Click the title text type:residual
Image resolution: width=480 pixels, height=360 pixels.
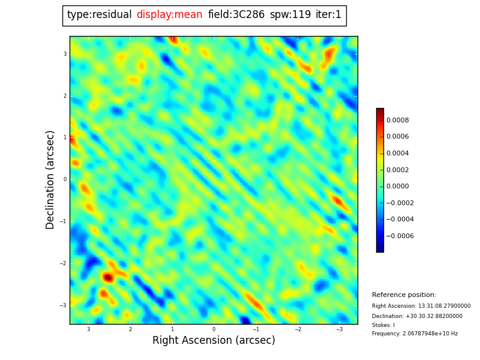(99, 15)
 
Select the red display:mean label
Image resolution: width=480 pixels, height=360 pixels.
(169, 15)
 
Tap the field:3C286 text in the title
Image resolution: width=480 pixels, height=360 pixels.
(236, 15)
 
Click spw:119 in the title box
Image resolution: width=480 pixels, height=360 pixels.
(290, 15)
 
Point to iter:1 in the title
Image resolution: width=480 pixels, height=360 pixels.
(328, 15)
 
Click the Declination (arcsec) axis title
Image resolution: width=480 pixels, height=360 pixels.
(50, 179)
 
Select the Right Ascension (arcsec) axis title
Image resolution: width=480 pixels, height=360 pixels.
(214, 341)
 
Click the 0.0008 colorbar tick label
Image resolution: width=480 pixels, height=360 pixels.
(397, 120)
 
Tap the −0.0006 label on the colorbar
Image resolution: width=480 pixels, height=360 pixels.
(399, 236)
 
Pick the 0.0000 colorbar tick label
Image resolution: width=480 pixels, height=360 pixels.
(397, 187)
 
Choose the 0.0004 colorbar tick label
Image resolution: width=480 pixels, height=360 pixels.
(397, 153)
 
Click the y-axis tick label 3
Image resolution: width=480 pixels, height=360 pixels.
(65, 54)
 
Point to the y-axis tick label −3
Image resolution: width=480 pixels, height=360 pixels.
(64, 305)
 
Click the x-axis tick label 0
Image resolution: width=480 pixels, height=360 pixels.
(214, 329)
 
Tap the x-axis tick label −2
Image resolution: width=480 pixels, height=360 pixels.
(297, 329)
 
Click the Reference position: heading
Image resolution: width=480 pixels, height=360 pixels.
(404, 295)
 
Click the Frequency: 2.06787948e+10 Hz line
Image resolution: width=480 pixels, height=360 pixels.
(415, 334)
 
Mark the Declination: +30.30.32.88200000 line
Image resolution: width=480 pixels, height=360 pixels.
(417, 316)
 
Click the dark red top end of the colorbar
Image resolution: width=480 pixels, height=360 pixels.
(380, 111)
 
